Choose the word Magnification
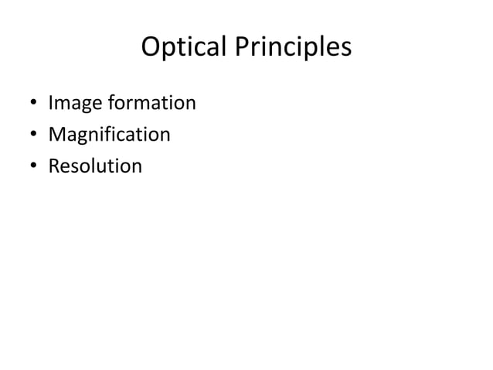(109, 135)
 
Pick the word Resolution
(95, 166)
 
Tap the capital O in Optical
(152, 48)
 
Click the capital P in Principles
(243, 48)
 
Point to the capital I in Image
(51, 103)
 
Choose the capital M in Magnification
(56, 135)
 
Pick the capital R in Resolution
(54, 166)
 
